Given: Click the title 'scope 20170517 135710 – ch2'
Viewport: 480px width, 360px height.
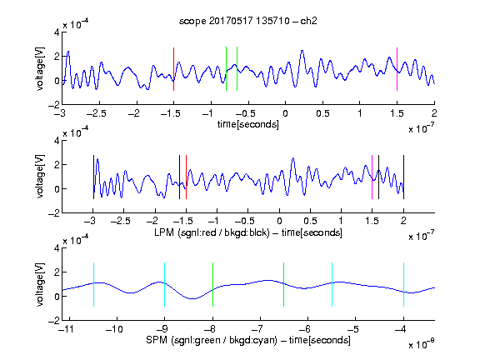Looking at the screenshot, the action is pyautogui.click(x=248, y=21).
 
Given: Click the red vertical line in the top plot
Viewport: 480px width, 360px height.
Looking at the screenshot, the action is pyautogui.click(x=173, y=69).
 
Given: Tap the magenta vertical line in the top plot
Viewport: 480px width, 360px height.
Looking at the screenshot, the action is pyautogui.click(x=397, y=69).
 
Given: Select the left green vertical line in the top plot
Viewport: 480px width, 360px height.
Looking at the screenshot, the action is pyautogui.click(x=226, y=69).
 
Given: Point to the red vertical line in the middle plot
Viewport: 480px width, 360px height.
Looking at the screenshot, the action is pyautogui.click(x=186, y=177).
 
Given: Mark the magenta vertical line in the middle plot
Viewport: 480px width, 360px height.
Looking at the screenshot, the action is pyautogui.click(x=372, y=177).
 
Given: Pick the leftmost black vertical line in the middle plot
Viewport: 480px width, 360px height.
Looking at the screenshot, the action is pyautogui.click(x=93, y=177).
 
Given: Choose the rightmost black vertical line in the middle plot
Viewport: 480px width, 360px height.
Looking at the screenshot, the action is pyautogui.click(x=403, y=177).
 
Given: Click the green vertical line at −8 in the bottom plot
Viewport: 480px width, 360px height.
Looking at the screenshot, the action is pyautogui.click(x=212, y=284).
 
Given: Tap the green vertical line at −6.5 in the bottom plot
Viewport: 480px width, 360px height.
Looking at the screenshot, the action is pyautogui.click(x=284, y=284).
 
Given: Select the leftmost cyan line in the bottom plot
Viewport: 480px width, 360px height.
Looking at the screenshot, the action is pyautogui.click(x=93, y=284).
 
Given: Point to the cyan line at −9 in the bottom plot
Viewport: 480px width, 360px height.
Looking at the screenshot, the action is pyautogui.click(x=165, y=284).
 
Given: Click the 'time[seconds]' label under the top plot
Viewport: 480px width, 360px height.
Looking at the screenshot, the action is pyautogui.click(x=248, y=124).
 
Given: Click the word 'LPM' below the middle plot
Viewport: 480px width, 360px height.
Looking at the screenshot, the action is pyautogui.click(x=164, y=232).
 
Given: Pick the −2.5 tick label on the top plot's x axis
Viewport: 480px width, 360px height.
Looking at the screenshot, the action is pyautogui.click(x=97, y=113).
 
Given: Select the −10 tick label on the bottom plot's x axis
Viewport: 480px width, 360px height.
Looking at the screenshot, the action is pyautogui.click(x=114, y=329).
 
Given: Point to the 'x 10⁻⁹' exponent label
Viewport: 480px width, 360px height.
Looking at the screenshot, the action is pyautogui.click(x=421, y=344).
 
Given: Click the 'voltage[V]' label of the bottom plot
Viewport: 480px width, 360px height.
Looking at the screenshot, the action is pyautogui.click(x=40, y=284).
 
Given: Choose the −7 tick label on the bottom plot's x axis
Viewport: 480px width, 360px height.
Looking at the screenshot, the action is pyautogui.click(x=259, y=329).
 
